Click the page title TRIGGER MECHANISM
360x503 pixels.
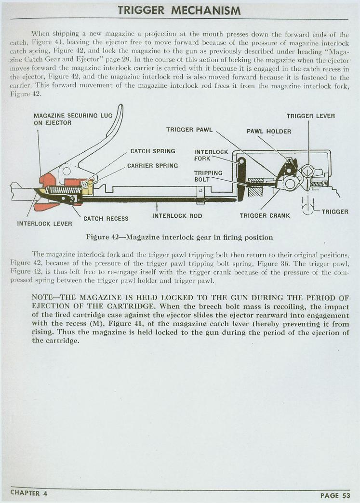point(180,10)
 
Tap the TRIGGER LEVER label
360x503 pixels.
point(310,116)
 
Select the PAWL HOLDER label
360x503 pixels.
point(268,131)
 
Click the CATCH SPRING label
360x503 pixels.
point(153,151)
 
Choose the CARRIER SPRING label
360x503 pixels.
point(152,165)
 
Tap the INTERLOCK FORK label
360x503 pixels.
point(211,155)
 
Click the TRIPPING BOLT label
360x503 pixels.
point(208,176)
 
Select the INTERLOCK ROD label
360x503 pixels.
point(177,215)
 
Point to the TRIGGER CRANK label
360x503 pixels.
point(265,215)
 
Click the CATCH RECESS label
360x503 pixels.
point(106,219)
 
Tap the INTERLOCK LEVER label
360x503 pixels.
point(44,224)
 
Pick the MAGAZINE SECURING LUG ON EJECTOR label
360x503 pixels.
point(66,119)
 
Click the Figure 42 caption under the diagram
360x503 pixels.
point(179,237)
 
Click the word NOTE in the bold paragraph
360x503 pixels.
point(44,297)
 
